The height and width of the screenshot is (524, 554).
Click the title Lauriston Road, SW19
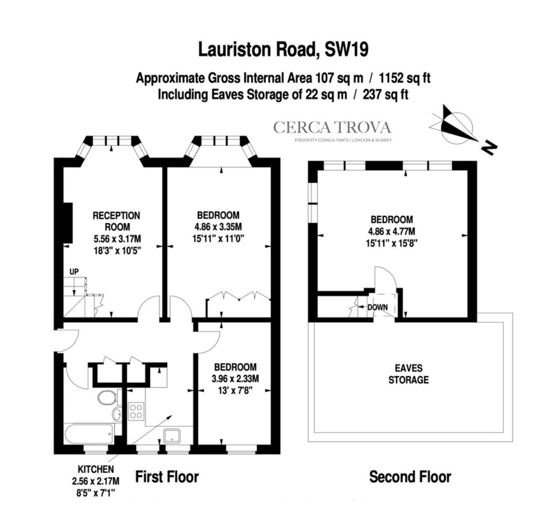[x=283, y=49]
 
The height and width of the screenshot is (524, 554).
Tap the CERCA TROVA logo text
[x=332, y=127]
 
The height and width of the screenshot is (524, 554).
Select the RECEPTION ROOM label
[x=116, y=221]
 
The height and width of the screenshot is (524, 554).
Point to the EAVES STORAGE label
[x=408, y=374]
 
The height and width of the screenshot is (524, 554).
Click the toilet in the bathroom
[x=106, y=398]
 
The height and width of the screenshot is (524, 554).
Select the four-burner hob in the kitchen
[x=136, y=411]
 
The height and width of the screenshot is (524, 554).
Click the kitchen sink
[x=174, y=435]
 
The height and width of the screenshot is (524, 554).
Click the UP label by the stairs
[x=74, y=272]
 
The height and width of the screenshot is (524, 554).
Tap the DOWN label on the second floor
[x=377, y=307]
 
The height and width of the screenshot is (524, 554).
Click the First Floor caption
[x=167, y=477]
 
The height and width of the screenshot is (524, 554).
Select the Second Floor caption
[x=410, y=477]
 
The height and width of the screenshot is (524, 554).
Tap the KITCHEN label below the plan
[x=95, y=470]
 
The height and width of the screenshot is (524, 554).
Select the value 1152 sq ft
[x=405, y=78]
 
